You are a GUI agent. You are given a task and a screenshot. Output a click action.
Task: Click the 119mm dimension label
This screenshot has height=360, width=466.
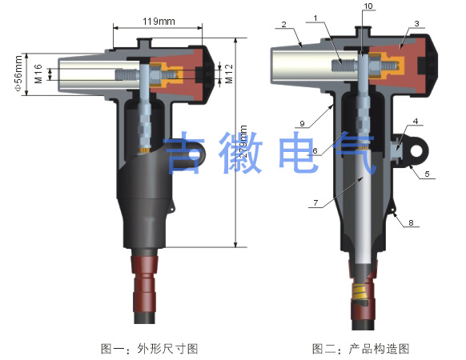(x=159, y=22)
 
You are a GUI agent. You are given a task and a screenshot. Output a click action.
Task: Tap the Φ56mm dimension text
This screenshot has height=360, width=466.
(x=18, y=73)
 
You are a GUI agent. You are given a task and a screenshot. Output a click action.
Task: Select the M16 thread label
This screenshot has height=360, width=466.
(x=38, y=74)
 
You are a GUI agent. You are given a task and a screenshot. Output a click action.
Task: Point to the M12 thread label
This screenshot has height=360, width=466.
(x=229, y=74)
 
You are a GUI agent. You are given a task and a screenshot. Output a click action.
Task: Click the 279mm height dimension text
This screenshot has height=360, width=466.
(x=243, y=142)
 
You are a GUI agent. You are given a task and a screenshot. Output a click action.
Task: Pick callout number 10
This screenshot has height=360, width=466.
(x=368, y=6)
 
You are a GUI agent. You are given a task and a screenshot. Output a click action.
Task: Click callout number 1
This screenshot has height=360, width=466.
(x=315, y=18)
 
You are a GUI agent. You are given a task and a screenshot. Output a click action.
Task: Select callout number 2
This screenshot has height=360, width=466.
(x=283, y=24)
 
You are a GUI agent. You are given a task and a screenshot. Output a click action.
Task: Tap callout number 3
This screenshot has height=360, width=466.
(x=416, y=23)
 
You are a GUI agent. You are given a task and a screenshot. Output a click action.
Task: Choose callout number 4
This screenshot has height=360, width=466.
(x=416, y=121)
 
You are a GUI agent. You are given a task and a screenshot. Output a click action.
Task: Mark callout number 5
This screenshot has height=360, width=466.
(x=427, y=174)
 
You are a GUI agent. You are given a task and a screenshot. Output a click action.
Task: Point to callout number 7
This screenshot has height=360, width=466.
(x=315, y=203)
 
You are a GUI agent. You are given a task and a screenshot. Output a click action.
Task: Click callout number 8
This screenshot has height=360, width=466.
(x=411, y=222)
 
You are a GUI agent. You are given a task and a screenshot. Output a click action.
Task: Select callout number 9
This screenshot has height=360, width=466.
(x=302, y=123)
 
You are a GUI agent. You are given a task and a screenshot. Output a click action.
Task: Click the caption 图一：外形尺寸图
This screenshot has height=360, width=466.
(x=150, y=349)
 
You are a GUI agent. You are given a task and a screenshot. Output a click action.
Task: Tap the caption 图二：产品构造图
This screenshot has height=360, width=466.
(x=361, y=349)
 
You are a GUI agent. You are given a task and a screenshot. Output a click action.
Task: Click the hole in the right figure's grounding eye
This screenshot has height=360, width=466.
(x=417, y=150)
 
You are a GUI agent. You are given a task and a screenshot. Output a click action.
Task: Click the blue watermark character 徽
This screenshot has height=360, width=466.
(x=241, y=152)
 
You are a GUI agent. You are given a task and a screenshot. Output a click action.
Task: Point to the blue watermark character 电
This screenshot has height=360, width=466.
(x=299, y=152)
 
